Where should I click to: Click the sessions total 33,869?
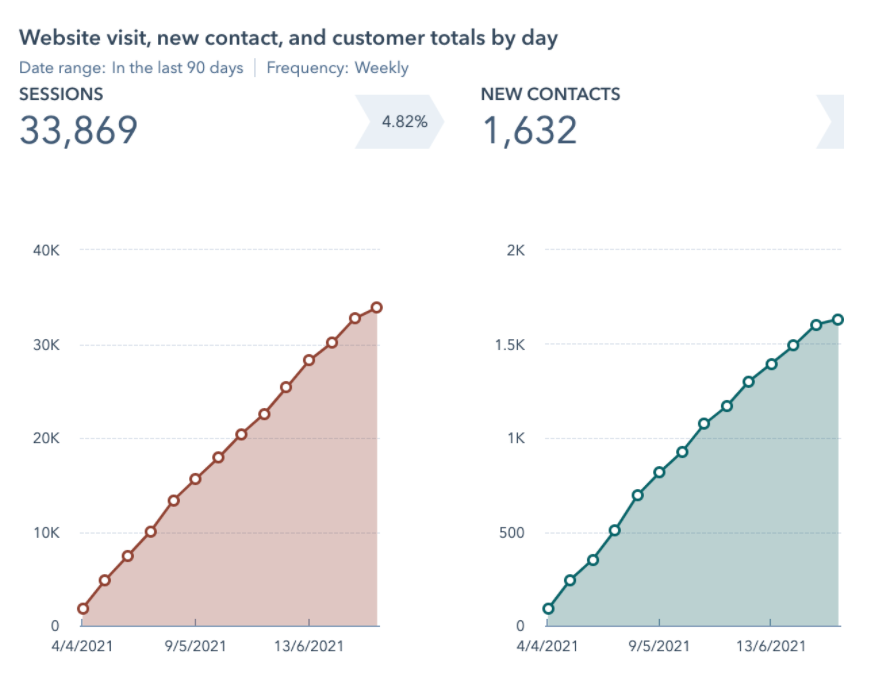pyautogui.click(x=78, y=130)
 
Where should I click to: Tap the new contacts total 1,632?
pyautogui.click(x=530, y=130)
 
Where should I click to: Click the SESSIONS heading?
pyautogui.click(x=61, y=94)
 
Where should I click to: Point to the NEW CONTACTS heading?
pyautogui.click(x=550, y=94)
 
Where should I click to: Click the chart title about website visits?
pyautogui.click(x=288, y=38)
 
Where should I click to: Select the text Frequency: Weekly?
pyautogui.click(x=337, y=68)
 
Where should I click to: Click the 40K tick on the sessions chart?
pyautogui.click(x=46, y=251)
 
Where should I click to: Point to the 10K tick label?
pyautogui.click(x=46, y=533)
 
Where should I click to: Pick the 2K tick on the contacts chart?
pyautogui.click(x=514, y=251)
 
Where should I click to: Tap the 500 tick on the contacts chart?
pyautogui.click(x=512, y=533)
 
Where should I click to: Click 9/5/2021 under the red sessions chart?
pyautogui.click(x=195, y=646)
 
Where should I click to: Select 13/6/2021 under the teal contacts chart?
pyautogui.click(x=771, y=646)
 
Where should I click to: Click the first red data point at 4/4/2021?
pyautogui.click(x=82, y=608)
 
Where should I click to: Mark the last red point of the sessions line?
pyautogui.click(x=376, y=307)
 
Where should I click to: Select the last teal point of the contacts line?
pyautogui.click(x=838, y=319)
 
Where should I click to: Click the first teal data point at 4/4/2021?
pyautogui.click(x=548, y=608)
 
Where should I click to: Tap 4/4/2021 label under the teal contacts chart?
pyautogui.click(x=548, y=646)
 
